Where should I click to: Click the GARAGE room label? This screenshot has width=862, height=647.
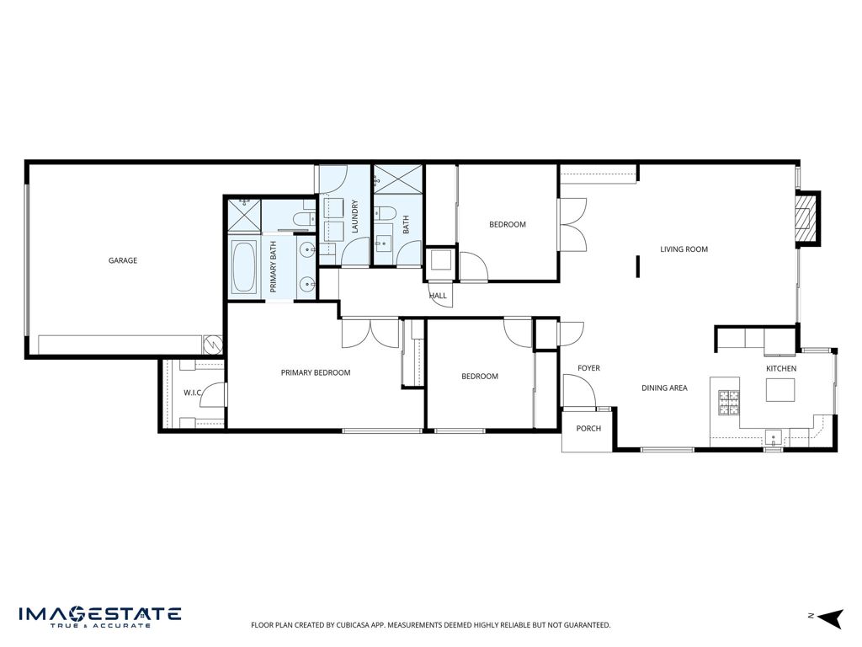[123, 260]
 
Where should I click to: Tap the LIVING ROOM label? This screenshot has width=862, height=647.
[684, 249]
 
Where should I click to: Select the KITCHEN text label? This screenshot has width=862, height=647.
[780, 369]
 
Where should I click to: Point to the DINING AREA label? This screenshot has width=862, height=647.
[664, 388]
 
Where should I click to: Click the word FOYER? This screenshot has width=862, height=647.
[588, 368]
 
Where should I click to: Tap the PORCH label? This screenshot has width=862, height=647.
[588, 429]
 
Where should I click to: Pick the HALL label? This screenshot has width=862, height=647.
[438, 296]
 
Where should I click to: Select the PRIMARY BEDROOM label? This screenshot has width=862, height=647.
[316, 372]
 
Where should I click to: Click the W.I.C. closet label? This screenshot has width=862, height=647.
[194, 393]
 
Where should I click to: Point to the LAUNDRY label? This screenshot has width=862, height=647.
[355, 217]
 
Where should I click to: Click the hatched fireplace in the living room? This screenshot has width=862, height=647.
[808, 219]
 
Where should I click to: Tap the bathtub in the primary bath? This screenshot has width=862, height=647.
[244, 267]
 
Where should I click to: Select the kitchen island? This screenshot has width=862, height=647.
[780, 390]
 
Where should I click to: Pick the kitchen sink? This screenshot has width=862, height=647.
[774, 436]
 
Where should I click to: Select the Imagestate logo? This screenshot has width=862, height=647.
[99, 616]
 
